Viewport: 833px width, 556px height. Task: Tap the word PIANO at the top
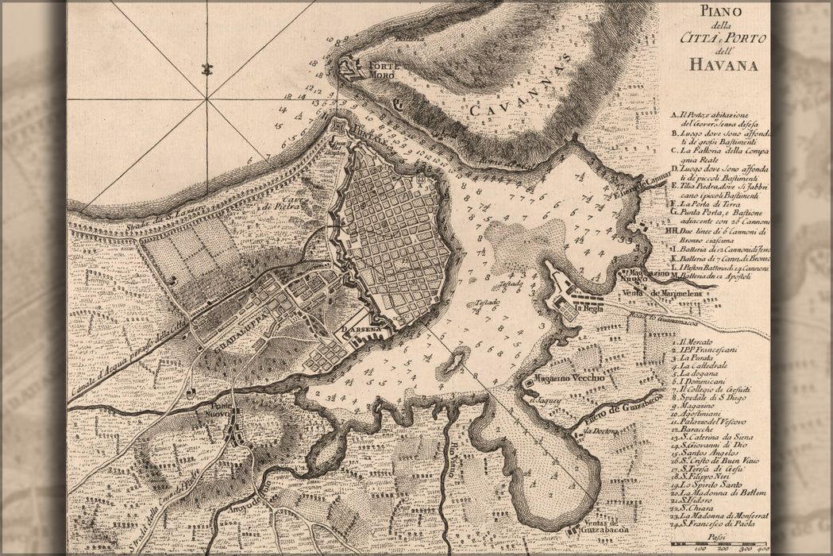[719, 11]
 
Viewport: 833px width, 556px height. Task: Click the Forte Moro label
[383, 69]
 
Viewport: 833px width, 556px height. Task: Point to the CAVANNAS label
[517, 90]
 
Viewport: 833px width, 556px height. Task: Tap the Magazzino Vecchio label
[569, 378]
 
